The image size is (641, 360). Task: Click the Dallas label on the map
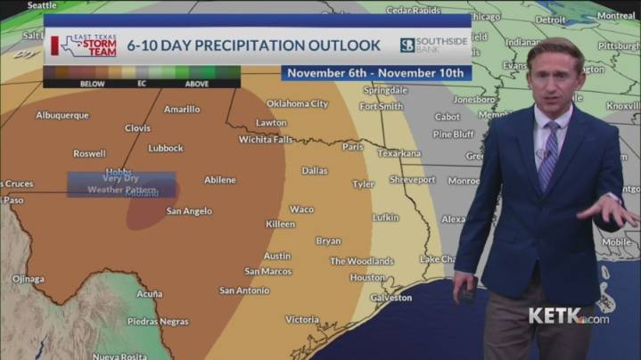314,170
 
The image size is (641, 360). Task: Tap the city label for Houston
367,277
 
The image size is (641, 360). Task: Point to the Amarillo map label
182,110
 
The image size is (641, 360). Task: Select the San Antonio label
244,290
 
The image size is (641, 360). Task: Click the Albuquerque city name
62,115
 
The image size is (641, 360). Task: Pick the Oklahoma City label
298,103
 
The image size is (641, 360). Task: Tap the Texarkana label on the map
399,153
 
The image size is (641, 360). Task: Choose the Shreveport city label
412,179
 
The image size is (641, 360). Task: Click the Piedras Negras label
158,321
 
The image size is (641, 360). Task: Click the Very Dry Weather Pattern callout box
121,184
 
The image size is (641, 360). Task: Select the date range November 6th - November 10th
376,73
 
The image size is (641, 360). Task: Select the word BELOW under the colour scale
92,84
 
